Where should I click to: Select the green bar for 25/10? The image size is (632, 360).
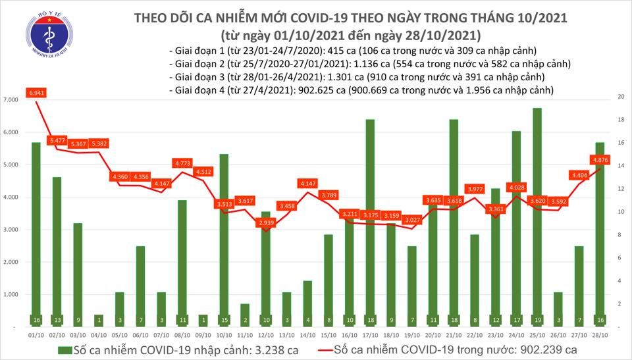click(537, 217)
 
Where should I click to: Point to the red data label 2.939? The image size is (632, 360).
click(267, 224)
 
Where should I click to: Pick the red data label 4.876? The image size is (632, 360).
click(599, 159)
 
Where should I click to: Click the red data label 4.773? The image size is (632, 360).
click(183, 163)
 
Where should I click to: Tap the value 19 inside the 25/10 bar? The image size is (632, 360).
click(537, 320)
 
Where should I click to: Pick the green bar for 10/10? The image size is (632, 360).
click(224, 240)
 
